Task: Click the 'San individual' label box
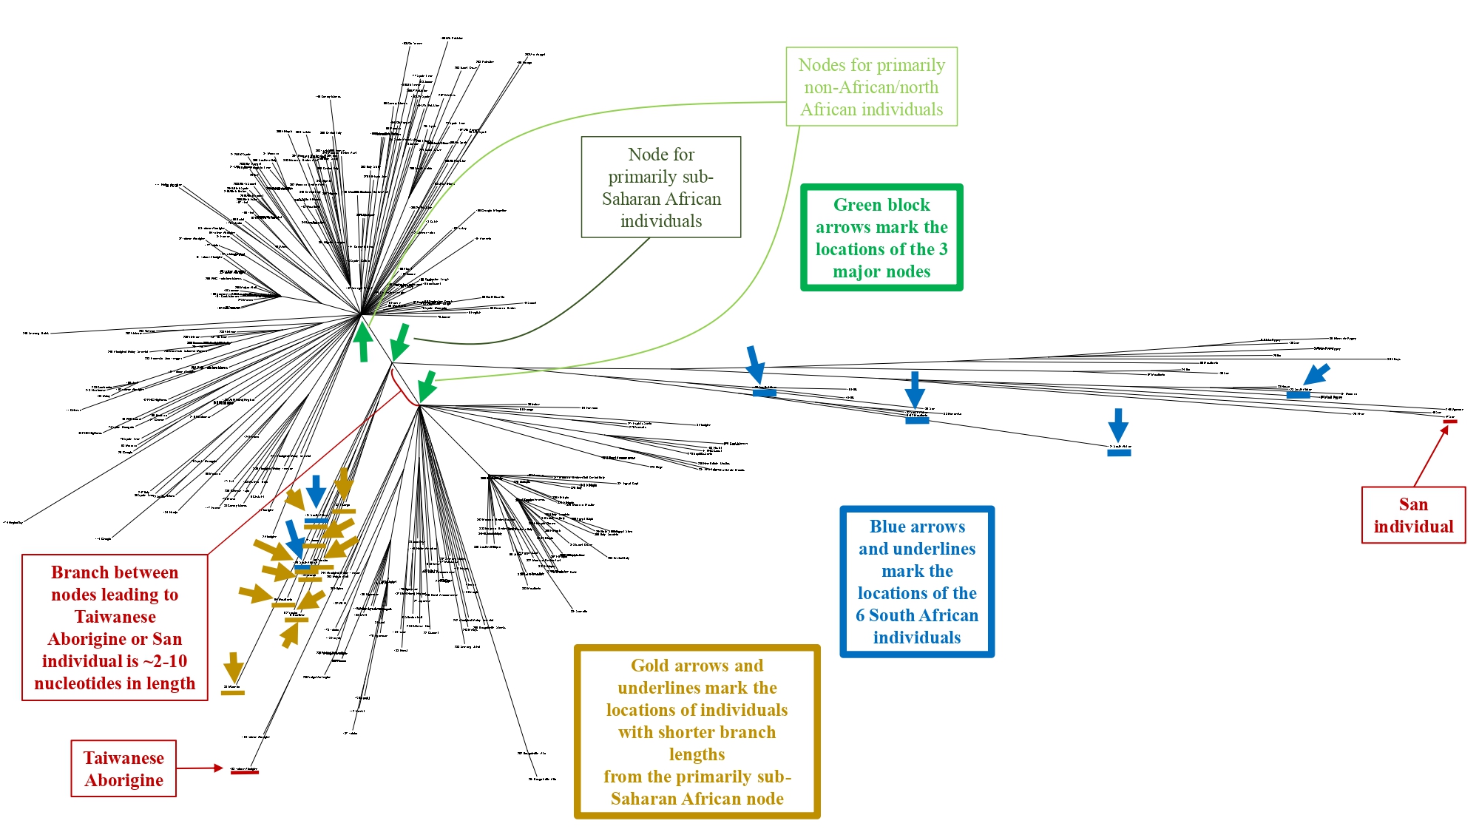(x=1413, y=515)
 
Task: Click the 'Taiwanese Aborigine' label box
(x=123, y=768)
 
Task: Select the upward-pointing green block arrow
(x=362, y=341)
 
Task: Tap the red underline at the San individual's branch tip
(x=1450, y=422)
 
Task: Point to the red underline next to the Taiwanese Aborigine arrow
(x=245, y=772)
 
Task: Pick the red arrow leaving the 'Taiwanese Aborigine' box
(x=200, y=768)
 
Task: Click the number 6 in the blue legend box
(x=860, y=615)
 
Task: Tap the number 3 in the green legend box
(x=943, y=249)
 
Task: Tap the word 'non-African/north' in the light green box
(x=871, y=87)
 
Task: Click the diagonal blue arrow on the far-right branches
(x=1316, y=374)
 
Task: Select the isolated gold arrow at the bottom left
(x=234, y=667)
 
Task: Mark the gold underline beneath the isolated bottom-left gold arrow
(x=233, y=693)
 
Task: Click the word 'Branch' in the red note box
(x=75, y=572)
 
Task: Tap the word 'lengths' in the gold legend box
(x=697, y=754)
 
